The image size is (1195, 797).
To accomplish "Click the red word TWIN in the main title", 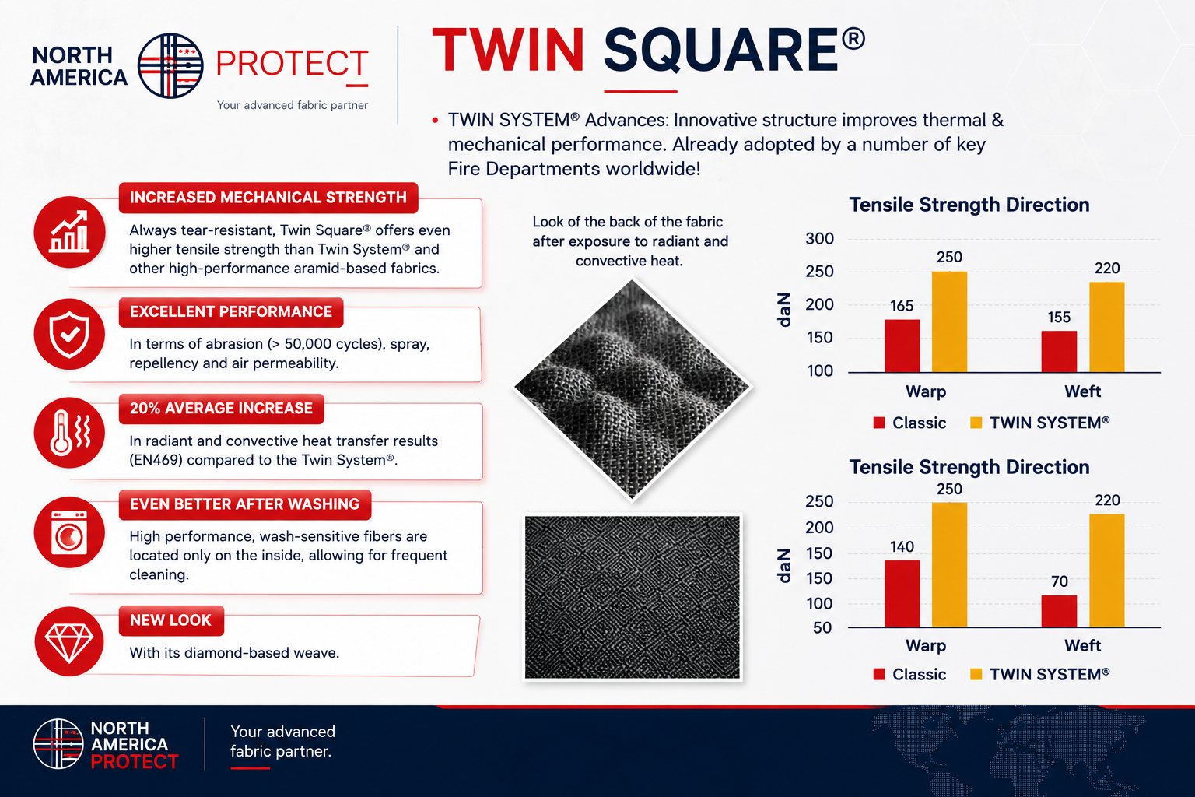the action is click(x=508, y=50).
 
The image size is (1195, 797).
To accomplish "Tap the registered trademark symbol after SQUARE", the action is click(x=853, y=39).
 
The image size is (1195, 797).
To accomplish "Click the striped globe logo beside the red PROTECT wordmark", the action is click(x=170, y=65).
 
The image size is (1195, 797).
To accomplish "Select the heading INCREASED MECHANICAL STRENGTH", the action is click(x=268, y=198).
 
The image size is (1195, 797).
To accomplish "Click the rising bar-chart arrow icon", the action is click(x=69, y=232).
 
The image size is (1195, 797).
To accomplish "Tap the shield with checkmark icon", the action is click(x=69, y=335).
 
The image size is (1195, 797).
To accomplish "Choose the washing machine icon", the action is click(x=69, y=532).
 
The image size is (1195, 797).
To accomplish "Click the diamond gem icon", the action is click(x=69, y=641).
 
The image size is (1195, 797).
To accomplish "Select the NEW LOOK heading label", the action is click(x=170, y=620).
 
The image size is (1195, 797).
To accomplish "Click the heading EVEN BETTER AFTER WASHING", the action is click(x=245, y=504).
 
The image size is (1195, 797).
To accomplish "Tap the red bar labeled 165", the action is click(x=902, y=346).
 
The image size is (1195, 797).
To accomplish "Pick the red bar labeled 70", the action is click(x=1059, y=611).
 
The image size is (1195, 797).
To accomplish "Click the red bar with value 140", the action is click(x=902, y=593).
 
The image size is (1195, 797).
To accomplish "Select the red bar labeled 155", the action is click(x=1059, y=351).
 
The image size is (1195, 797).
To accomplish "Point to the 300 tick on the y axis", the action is click(x=819, y=239).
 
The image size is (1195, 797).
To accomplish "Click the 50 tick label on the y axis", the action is click(x=822, y=628).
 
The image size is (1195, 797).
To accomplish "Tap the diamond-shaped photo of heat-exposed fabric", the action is click(x=633, y=389).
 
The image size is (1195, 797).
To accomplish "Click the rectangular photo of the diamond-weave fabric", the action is click(x=633, y=597).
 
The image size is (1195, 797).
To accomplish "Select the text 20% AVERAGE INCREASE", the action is click(x=222, y=409).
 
